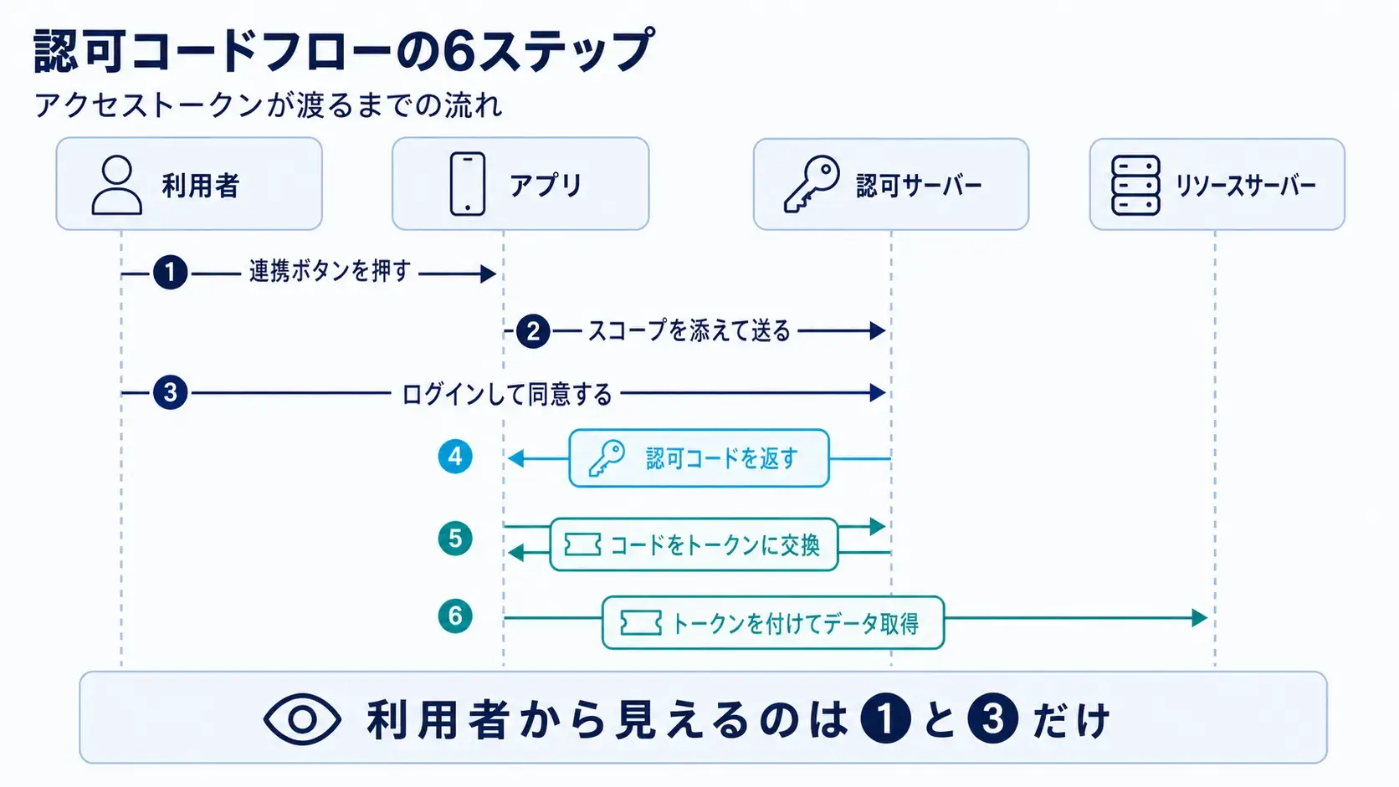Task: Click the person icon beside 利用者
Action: (117, 185)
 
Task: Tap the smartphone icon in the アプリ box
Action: (467, 183)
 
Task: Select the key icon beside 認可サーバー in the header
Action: (812, 184)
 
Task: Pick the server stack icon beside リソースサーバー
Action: (1135, 186)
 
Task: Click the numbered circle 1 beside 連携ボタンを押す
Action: (171, 273)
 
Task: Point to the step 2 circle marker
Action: (533, 331)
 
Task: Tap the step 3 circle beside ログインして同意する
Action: (171, 392)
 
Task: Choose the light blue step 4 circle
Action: (454, 457)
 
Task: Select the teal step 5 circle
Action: (454, 538)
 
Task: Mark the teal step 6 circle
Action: (454, 616)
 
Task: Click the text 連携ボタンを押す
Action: (330, 272)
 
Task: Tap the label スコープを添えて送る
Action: (689, 331)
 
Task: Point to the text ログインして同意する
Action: (506, 394)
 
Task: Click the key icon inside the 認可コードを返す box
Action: (607, 458)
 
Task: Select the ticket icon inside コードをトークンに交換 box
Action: (582, 544)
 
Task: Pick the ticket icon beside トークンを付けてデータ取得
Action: (640, 623)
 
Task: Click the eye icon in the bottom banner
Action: (302, 719)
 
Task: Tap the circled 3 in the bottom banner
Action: (992, 718)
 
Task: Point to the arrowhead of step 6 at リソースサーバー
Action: (1199, 618)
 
